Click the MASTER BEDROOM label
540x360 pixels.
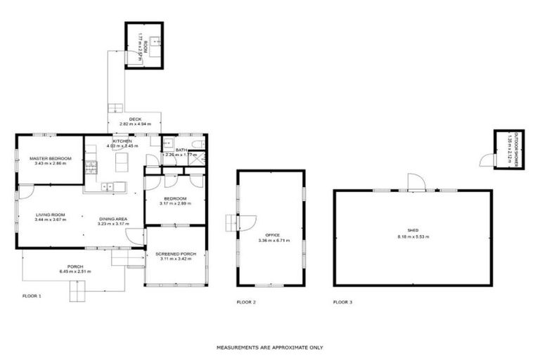coord(51,158)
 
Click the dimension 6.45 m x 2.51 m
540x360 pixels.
coord(72,271)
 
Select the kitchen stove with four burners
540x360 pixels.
coord(90,167)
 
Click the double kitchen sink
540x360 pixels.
coord(108,186)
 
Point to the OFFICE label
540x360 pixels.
coord(272,235)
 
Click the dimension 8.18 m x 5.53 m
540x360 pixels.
coord(413,237)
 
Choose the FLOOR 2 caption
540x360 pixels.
coord(245,302)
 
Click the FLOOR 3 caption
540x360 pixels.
coord(342,302)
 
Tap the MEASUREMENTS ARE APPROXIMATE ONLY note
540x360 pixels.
coord(269,347)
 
